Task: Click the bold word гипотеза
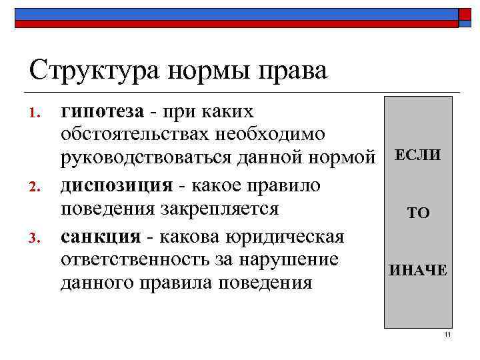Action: point(102,111)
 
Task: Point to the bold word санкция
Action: point(100,237)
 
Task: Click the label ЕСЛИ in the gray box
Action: point(418,155)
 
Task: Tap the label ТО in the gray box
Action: point(419,213)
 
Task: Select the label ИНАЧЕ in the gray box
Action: point(418,271)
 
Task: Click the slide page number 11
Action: point(447,335)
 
